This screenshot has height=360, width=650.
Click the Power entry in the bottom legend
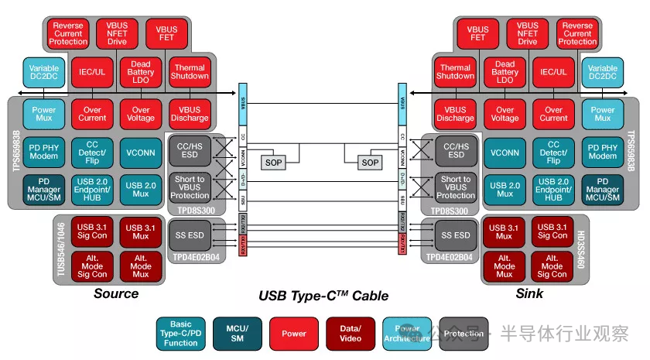pyautogui.click(x=294, y=334)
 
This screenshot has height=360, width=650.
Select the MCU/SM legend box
pyautogui.click(x=238, y=334)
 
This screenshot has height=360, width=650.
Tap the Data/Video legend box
pyautogui.click(x=351, y=334)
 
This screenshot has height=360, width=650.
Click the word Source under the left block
pyautogui.click(x=116, y=293)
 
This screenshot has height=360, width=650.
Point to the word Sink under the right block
pyautogui.click(x=530, y=293)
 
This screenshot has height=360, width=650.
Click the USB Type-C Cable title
pyautogui.click(x=323, y=296)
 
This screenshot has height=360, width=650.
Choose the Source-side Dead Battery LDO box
pyautogui.click(x=141, y=74)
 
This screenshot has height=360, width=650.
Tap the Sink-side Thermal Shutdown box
pyautogui.click(x=455, y=72)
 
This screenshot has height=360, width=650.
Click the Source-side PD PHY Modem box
pyautogui.click(x=45, y=151)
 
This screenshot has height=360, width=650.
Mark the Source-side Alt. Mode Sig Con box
pyautogui.click(x=92, y=265)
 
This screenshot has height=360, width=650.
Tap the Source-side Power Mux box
pyautogui.click(x=45, y=114)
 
